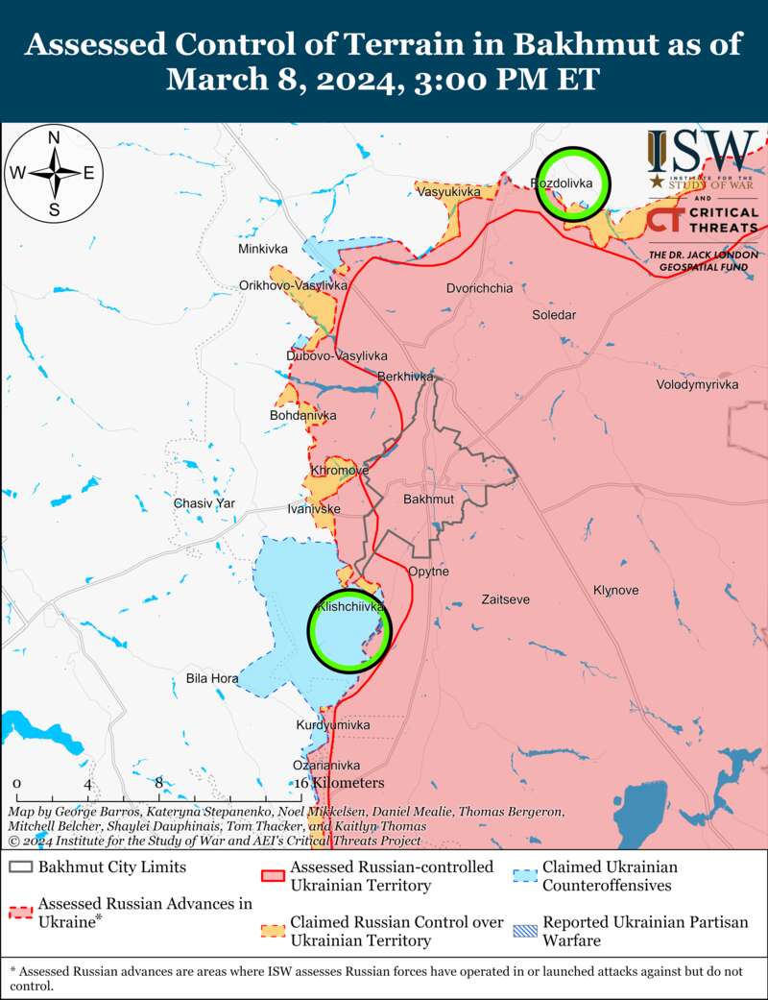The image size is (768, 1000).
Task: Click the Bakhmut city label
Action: coord(428,500)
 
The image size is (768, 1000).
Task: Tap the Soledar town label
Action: coord(554,314)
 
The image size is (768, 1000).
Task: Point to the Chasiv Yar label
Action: coord(204,503)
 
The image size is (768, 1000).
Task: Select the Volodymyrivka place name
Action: coord(697,384)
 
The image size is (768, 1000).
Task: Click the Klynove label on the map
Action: coord(616,590)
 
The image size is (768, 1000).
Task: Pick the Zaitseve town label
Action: coord(504,599)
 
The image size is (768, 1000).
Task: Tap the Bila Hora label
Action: coord(212,678)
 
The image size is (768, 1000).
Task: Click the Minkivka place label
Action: coord(263,249)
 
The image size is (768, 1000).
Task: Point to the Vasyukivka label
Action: coord(448,193)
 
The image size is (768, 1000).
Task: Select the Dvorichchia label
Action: coord(479,288)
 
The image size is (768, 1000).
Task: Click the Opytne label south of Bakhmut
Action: coord(428,572)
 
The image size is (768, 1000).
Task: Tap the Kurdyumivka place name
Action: coord(332,724)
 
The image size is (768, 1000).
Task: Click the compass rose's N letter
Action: coord(55,137)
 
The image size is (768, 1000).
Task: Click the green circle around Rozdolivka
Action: coord(573,183)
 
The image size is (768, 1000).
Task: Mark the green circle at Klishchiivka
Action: coord(349,630)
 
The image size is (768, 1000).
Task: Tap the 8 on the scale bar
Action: coord(159,783)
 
